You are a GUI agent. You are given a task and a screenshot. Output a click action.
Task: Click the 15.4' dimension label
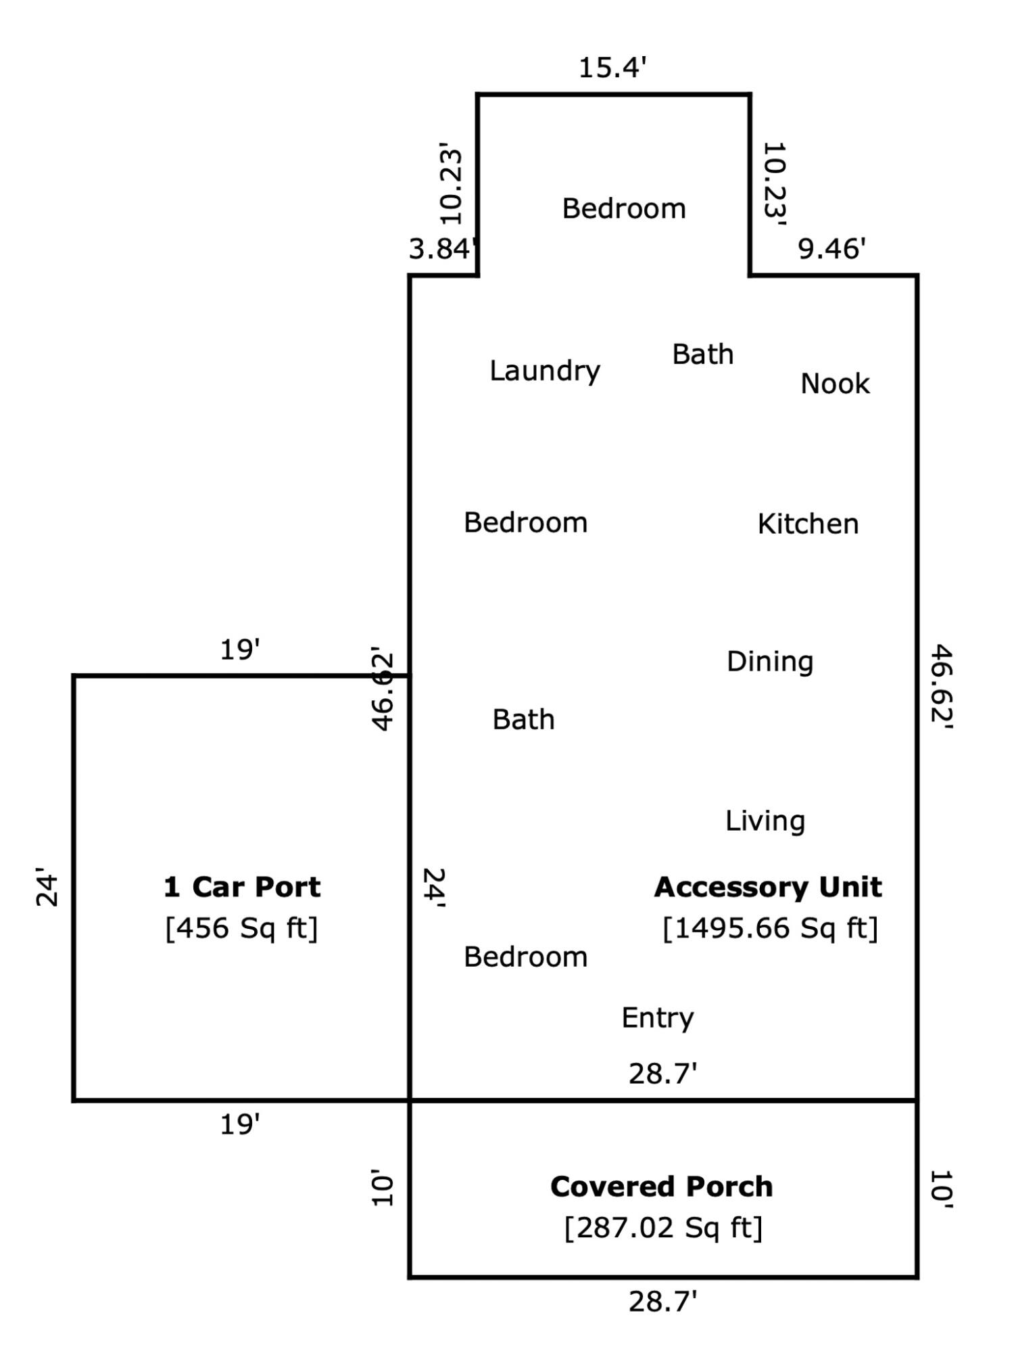613,68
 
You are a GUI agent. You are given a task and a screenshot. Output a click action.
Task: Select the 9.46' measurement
831,249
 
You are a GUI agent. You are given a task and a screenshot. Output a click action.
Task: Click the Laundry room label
545,371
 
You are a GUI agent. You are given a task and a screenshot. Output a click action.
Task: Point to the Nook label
835,384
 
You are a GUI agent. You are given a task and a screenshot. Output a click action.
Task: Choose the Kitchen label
808,524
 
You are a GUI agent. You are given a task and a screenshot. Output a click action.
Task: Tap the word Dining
770,662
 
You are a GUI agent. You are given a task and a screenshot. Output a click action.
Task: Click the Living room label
765,821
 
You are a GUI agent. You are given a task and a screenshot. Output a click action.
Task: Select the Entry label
658,1018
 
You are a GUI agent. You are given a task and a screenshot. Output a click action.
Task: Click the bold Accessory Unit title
768,887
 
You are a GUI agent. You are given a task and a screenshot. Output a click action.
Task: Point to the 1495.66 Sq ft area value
770,928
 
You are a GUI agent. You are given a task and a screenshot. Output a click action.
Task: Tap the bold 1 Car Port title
242,887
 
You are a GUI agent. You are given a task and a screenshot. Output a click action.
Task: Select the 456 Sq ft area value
241,928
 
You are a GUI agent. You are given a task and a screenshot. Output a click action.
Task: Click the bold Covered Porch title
661,1187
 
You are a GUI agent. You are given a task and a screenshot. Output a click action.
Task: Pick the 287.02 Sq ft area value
663,1228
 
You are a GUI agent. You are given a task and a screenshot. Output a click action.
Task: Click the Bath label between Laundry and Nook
703,354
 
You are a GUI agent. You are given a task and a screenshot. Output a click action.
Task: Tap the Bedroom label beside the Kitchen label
525,523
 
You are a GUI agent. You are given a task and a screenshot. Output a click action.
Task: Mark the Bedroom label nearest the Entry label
525,957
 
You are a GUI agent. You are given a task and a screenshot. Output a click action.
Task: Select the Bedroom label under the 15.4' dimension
624,208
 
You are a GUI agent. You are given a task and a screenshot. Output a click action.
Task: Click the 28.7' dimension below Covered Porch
662,1302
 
